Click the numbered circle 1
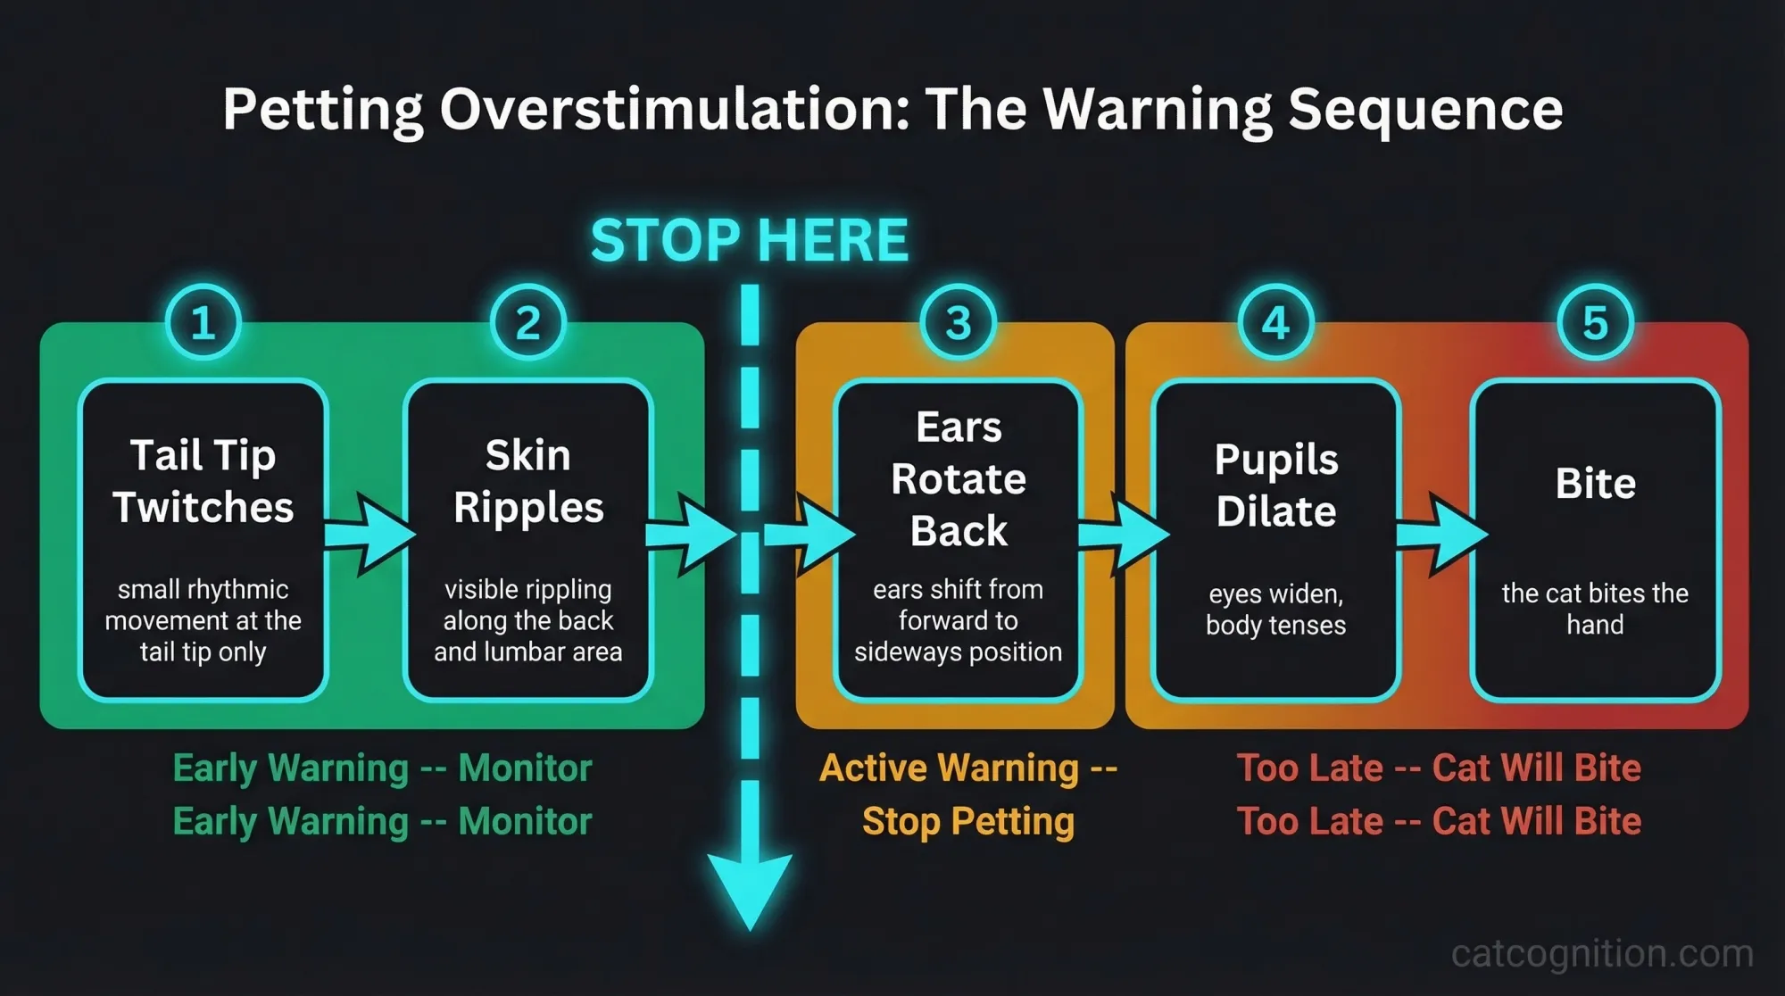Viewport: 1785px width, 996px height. [x=203, y=322]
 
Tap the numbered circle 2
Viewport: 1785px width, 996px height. [x=528, y=322]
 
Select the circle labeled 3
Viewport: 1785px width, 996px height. [x=958, y=322]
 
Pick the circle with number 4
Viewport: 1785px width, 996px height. [x=1276, y=322]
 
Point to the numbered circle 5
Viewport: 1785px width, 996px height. [x=1595, y=322]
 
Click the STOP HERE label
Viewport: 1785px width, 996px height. [x=750, y=240]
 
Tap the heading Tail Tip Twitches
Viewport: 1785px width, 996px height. [x=203, y=481]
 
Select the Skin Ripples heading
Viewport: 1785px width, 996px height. [x=528, y=481]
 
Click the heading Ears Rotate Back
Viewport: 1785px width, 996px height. [x=959, y=479]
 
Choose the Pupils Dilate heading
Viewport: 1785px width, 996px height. [x=1276, y=486]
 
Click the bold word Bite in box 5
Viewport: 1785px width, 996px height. [x=1595, y=484]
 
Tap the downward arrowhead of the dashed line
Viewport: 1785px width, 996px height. [x=750, y=889]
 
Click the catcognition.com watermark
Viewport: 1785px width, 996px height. [x=1602, y=953]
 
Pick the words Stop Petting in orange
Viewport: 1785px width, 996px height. [x=968, y=821]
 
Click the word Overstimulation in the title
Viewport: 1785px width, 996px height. [x=674, y=109]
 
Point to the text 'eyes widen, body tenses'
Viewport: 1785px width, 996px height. [x=1276, y=610]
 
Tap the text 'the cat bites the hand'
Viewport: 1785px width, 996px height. [x=1595, y=609]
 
